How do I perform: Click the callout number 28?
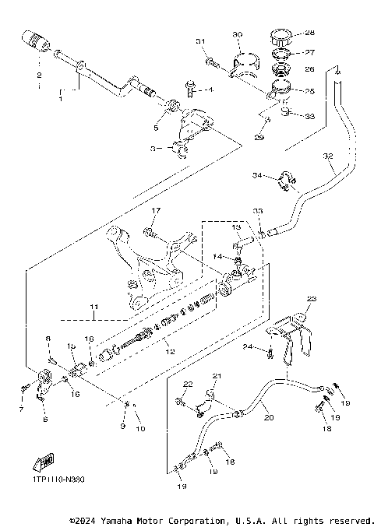[310, 33]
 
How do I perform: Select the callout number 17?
[155, 210]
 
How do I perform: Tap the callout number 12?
[164, 350]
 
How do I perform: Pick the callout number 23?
[312, 298]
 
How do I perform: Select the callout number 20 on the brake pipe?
[270, 417]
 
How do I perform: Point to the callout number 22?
[187, 385]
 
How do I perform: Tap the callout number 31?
[199, 40]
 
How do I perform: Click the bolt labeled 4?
[190, 90]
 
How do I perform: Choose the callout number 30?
[238, 34]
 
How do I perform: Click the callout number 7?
[21, 408]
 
